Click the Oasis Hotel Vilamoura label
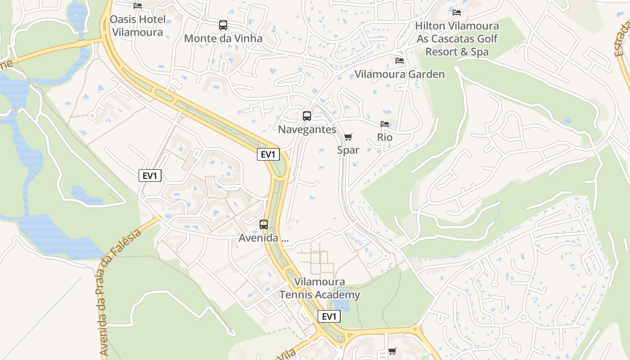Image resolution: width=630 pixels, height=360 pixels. tap(137, 26)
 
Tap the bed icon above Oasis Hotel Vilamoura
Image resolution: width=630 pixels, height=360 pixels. tap(138, 5)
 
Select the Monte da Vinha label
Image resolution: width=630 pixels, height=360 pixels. tap(223, 38)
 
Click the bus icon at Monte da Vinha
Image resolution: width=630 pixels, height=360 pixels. tap(223, 25)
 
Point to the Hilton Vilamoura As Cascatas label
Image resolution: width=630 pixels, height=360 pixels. tap(457, 39)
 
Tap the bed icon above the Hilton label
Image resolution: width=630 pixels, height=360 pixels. tap(457, 12)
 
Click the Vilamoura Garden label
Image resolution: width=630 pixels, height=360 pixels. tap(400, 74)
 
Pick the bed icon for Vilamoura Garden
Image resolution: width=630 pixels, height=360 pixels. tap(400, 61)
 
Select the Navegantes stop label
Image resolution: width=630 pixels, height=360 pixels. tap(307, 130)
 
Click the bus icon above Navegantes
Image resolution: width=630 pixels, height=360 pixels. tap(307, 116)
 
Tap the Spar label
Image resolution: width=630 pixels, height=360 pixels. tap(348, 150)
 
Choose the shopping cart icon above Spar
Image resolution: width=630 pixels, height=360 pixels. tap(348, 137)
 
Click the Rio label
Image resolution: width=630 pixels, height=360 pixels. tap(385, 137)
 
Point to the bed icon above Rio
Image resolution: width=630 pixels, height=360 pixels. tap(385, 124)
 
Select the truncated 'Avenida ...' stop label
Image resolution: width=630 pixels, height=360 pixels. tap(264, 238)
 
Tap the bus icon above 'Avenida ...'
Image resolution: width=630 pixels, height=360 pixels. tap(264, 224)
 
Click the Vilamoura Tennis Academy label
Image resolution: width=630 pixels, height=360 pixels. tap(320, 288)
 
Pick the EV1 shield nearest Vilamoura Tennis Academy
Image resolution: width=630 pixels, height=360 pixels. tap(329, 316)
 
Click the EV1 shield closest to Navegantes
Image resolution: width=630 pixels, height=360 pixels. tap(268, 154)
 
